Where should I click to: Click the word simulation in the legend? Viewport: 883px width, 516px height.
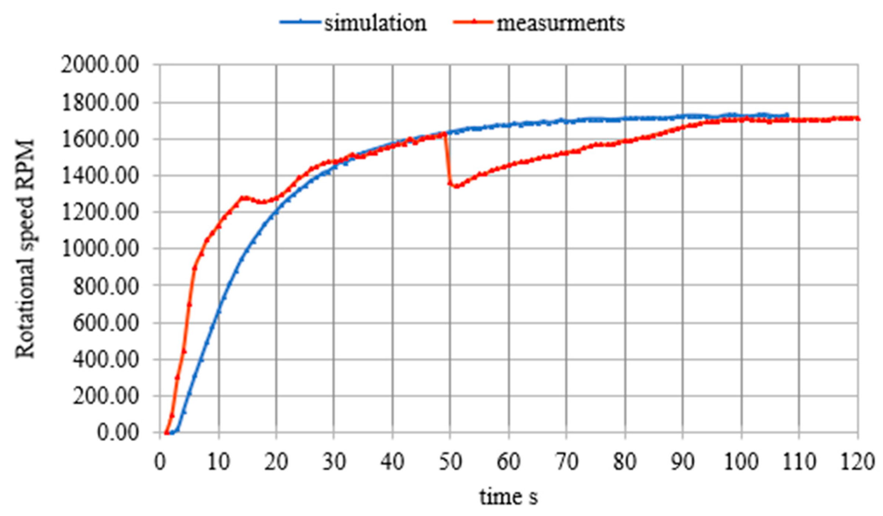(x=375, y=23)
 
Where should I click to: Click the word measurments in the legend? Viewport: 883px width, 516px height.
(x=560, y=23)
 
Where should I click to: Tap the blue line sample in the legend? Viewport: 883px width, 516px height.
(x=300, y=22)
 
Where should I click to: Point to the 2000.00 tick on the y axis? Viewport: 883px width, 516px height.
(x=100, y=66)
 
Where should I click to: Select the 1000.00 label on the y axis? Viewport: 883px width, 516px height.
(x=100, y=249)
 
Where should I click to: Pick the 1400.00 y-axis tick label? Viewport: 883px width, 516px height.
(x=100, y=176)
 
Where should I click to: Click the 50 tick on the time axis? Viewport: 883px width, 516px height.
(x=450, y=462)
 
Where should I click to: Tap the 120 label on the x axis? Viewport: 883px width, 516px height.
(x=857, y=462)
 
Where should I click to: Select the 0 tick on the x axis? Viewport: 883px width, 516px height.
(x=160, y=462)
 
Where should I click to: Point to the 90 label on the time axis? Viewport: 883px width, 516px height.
(x=683, y=462)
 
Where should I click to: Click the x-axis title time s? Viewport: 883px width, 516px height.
(x=508, y=497)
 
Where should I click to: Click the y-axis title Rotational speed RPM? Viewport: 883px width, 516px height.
(x=25, y=248)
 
